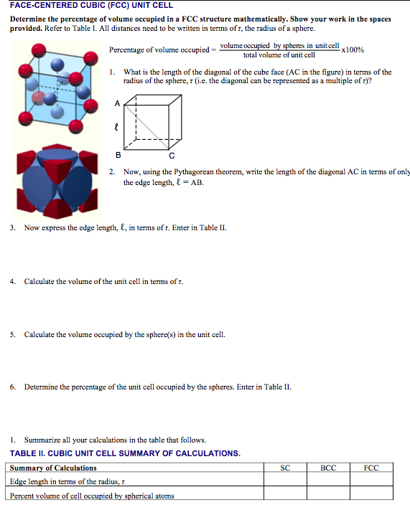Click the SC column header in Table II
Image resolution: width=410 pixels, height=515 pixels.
pos(285,468)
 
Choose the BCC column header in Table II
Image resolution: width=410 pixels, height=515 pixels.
pos(327,468)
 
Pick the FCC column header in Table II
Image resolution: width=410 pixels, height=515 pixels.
pos(371,468)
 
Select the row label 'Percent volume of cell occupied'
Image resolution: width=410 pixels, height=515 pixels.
pos(92,495)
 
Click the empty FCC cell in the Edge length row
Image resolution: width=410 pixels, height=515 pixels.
pos(371,481)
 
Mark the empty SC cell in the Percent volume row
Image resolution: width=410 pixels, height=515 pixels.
pos(285,495)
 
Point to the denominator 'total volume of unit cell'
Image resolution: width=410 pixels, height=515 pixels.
pos(279,55)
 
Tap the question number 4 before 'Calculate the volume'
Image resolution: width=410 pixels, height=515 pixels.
pos(13,281)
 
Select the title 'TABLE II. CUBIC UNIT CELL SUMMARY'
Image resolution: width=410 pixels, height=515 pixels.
pos(125,453)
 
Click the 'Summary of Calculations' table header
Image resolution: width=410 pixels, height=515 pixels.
pos(53,468)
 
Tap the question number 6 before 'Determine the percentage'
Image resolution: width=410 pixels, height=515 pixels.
pos(13,387)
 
